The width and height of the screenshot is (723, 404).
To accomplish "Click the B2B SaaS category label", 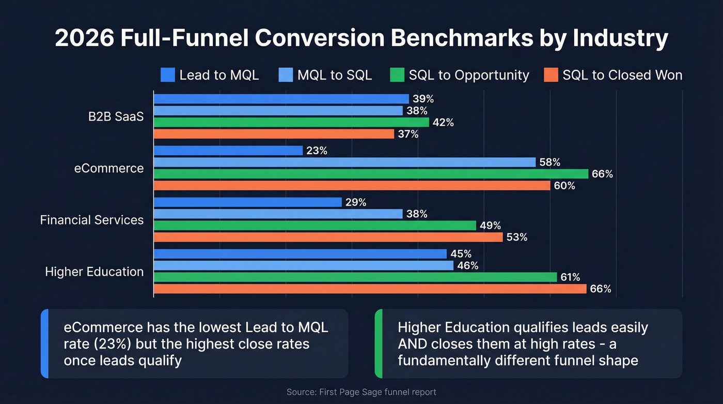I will click(x=116, y=116).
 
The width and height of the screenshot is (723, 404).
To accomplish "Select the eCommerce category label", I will click(x=109, y=168).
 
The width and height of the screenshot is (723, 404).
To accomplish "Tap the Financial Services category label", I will click(x=92, y=220).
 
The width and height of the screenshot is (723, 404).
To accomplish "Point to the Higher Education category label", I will click(x=95, y=272).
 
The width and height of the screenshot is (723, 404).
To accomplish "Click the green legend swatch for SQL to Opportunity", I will click(x=397, y=75).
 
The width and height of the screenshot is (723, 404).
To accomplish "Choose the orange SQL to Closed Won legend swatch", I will click(x=551, y=75).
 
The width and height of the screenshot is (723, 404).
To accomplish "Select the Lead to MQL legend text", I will click(x=219, y=75).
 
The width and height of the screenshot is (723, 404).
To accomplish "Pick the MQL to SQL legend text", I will click(x=335, y=75).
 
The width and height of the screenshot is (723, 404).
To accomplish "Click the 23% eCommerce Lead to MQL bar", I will click(x=228, y=151).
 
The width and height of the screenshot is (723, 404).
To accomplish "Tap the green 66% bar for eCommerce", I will click(x=371, y=174).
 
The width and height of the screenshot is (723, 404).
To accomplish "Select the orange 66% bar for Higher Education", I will click(x=370, y=289).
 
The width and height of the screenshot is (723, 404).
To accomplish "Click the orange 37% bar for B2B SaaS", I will click(x=274, y=134).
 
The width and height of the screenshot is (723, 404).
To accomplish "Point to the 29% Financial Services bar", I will click(x=247, y=202).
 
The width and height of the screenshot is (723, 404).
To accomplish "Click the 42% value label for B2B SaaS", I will click(x=443, y=123).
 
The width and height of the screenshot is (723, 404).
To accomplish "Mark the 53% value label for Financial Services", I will click(x=517, y=237).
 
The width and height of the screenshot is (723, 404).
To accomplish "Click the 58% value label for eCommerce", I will click(x=550, y=162).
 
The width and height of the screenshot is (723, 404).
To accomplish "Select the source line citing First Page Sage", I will click(x=361, y=392).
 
